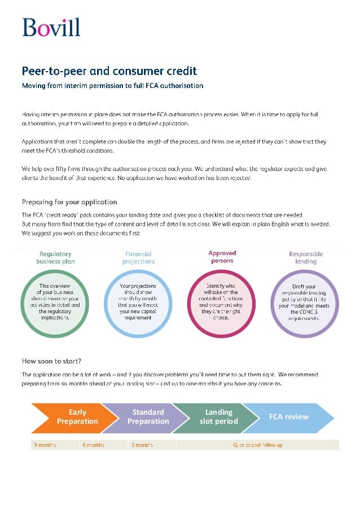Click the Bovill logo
(x=51, y=28)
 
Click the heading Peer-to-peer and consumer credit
(x=109, y=71)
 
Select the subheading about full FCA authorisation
(x=112, y=86)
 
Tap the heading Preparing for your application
(x=69, y=201)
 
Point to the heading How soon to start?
(x=51, y=361)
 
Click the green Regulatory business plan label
(x=55, y=258)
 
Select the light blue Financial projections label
(x=138, y=258)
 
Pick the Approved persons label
(x=222, y=257)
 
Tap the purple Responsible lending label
(x=306, y=258)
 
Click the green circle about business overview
(x=55, y=303)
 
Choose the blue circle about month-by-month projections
(x=138, y=303)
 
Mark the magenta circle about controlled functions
(x=222, y=303)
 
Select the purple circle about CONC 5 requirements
(x=305, y=303)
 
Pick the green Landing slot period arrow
(x=217, y=417)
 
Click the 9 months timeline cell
(x=55, y=445)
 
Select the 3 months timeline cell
(x=152, y=445)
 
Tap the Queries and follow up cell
(x=258, y=445)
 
